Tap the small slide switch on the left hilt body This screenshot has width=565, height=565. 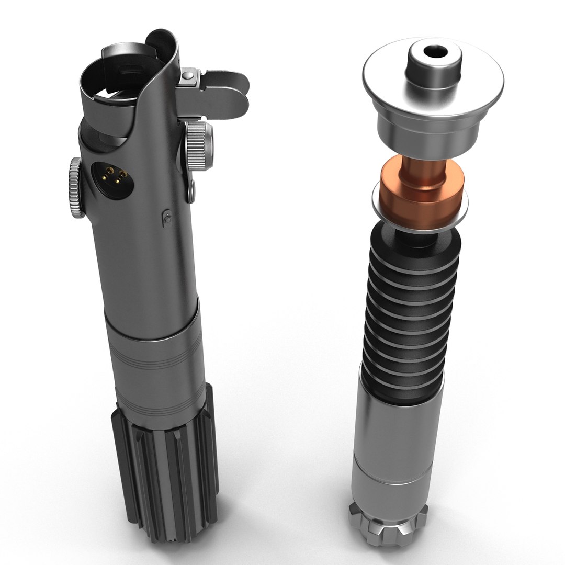point(167,218)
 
